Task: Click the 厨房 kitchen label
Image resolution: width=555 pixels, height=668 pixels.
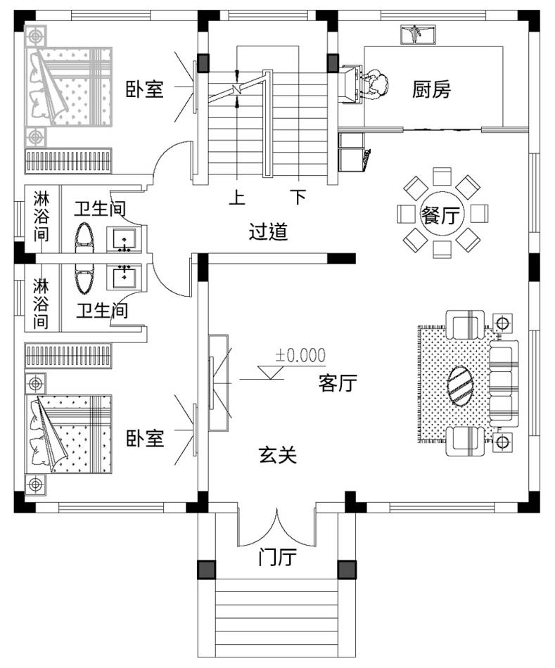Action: click(431, 90)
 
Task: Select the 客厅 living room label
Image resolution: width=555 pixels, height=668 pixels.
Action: click(338, 383)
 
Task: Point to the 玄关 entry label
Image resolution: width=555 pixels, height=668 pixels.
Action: click(278, 456)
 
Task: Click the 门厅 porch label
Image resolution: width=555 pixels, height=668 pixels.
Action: click(276, 558)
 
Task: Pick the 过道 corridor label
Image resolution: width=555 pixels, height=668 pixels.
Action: click(268, 232)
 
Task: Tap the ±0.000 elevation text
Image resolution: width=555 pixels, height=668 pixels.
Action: click(300, 355)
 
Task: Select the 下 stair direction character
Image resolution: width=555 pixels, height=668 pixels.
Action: click(299, 198)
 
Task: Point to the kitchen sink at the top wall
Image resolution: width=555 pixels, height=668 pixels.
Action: click(416, 33)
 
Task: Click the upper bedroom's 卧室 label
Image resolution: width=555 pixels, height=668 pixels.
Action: click(145, 89)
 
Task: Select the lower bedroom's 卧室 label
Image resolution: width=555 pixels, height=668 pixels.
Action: click(145, 439)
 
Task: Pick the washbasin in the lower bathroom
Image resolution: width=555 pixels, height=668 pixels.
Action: click(125, 276)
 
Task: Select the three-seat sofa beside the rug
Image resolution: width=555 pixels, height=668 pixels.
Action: click(502, 383)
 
